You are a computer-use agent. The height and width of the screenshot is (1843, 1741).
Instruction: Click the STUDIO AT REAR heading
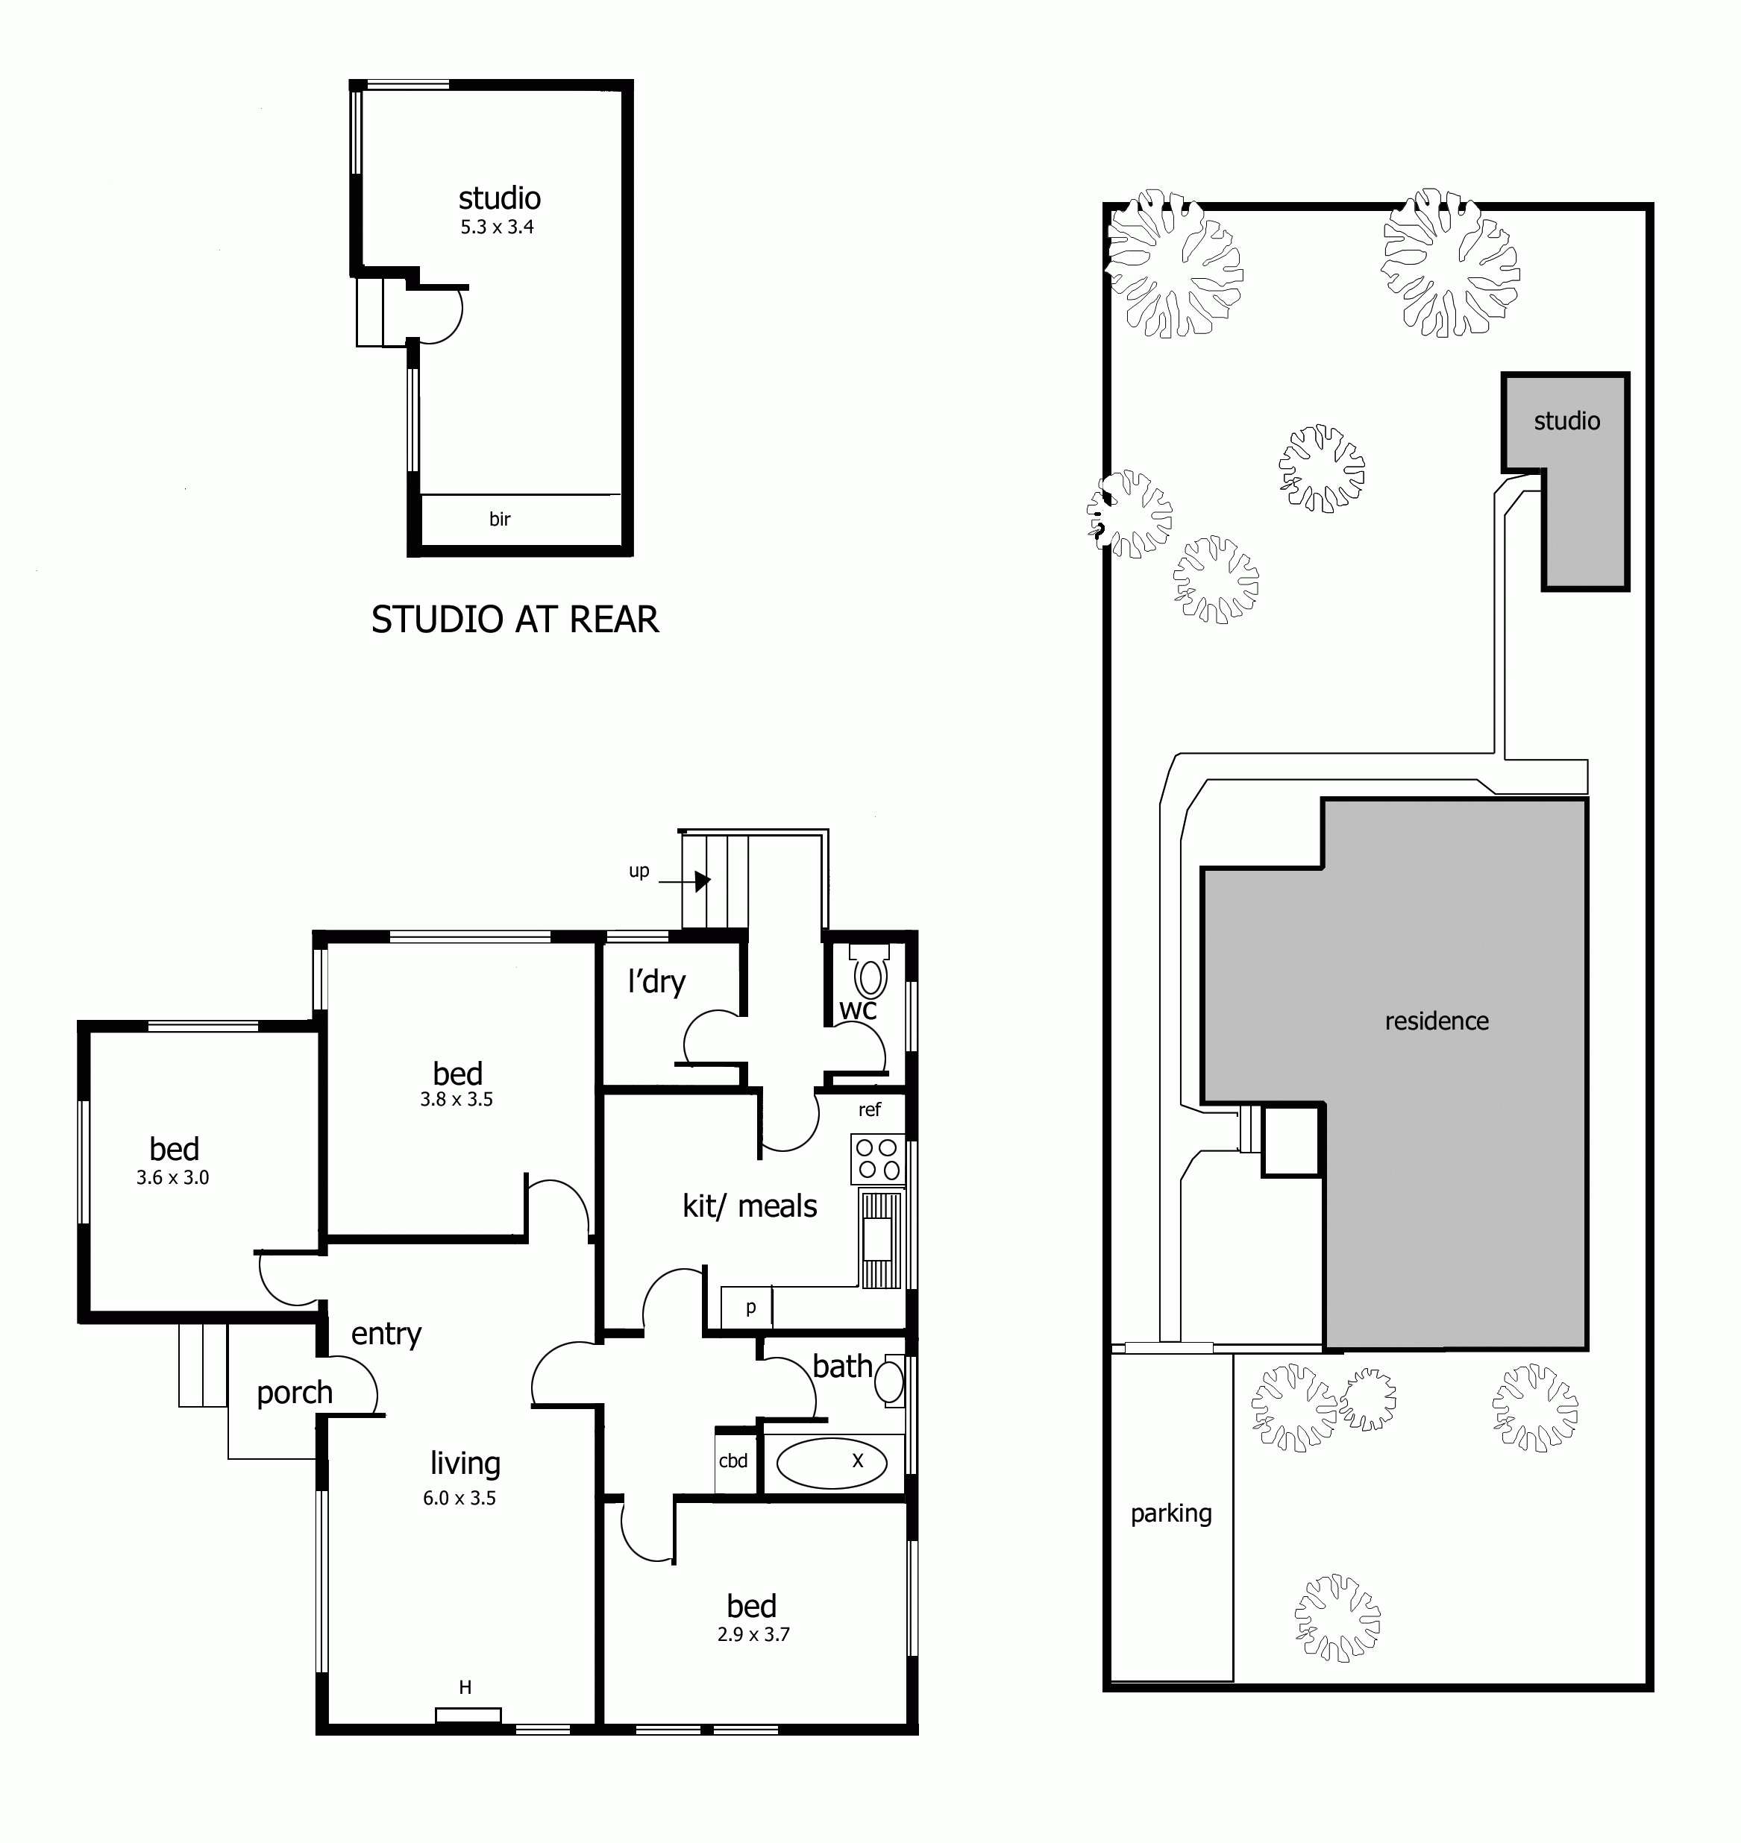[x=514, y=620]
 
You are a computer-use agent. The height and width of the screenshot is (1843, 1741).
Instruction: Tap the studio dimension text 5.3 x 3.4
[x=497, y=227]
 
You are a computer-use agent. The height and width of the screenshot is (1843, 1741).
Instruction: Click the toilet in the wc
[x=870, y=977]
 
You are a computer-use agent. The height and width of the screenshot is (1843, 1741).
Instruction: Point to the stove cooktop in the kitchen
[x=878, y=1159]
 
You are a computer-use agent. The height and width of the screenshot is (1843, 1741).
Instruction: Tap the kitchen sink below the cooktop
[x=878, y=1239]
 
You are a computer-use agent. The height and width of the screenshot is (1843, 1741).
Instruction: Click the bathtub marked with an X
[x=831, y=1463]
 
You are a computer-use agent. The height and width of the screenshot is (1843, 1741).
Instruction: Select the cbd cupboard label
[x=733, y=1461]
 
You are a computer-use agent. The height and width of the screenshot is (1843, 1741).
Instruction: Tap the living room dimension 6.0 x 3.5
[x=459, y=1498]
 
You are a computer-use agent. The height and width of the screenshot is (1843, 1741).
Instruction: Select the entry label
[x=386, y=1334]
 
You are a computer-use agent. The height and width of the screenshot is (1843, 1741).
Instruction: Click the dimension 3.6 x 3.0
[x=172, y=1178]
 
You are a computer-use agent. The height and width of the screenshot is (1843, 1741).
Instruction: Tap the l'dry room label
[x=656, y=981]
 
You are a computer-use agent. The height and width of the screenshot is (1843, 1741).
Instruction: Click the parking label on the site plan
[x=1171, y=1513]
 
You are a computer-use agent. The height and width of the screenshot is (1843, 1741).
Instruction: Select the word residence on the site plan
[x=1437, y=1021]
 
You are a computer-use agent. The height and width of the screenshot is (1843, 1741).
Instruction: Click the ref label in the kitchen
[x=870, y=1109]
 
